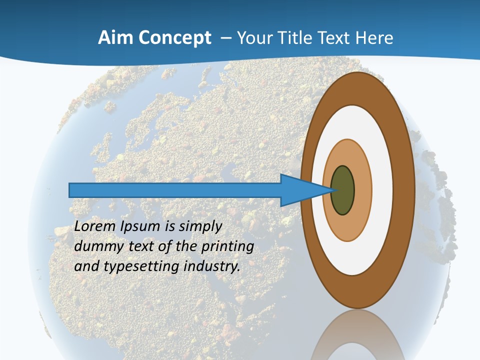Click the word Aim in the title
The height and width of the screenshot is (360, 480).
point(116,38)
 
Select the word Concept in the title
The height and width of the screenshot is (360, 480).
point(175,38)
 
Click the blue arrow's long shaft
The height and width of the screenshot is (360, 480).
point(175,190)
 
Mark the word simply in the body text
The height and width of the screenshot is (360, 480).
point(200,226)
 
